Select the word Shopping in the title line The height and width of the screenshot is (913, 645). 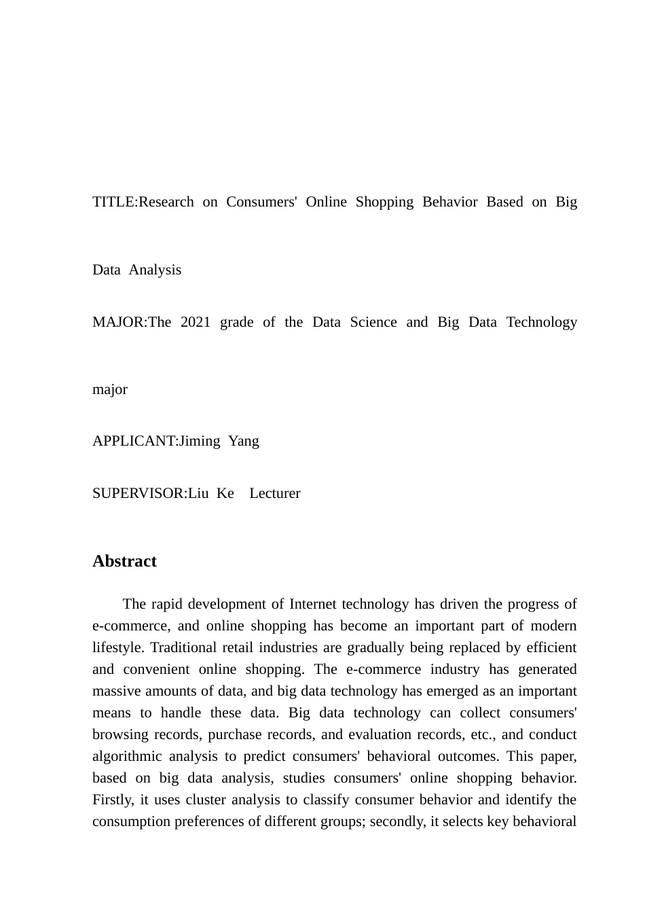[384, 202]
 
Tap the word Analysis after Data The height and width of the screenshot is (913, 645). [155, 270]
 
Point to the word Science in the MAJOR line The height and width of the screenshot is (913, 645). [373, 323]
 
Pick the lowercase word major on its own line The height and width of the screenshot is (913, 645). [110, 390]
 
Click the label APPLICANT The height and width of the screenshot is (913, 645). [134, 442]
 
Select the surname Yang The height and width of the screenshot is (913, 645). [244, 442]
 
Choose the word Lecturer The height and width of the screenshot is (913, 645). [274, 494]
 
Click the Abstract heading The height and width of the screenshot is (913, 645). [124, 561]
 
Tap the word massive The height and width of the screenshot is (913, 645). [115, 692]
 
